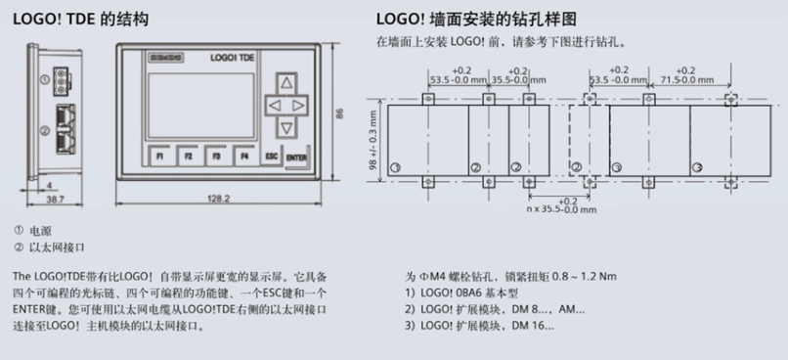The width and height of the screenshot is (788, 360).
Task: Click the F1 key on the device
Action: (157, 156)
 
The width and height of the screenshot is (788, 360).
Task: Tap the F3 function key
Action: (215, 156)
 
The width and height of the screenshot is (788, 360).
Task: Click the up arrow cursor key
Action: (285, 82)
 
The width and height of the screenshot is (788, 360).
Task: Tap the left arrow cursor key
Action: (274, 104)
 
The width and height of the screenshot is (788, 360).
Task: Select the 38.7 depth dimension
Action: (55, 200)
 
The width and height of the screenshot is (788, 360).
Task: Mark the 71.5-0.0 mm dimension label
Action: (684, 80)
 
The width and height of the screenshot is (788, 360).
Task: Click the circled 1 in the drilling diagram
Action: (395, 168)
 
